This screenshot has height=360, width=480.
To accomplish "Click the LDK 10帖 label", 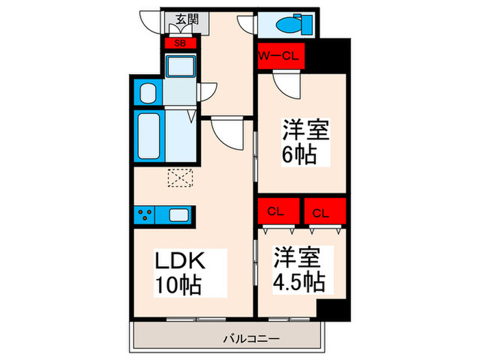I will (180, 273).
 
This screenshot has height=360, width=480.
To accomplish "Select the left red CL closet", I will (278, 212).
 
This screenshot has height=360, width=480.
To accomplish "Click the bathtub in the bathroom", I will (148, 135).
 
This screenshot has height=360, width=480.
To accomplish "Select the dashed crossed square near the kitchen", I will (181, 178).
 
